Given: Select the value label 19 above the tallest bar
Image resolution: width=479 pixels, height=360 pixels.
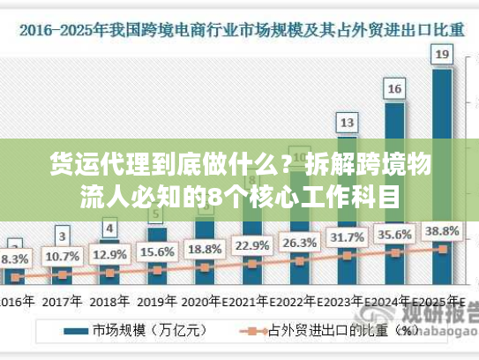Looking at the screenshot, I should pyautogui.click(x=442, y=55).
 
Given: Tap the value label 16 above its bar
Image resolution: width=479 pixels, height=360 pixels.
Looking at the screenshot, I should pyautogui.click(x=394, y=88).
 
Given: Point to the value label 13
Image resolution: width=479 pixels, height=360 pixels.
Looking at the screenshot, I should pyautogui.click(x=348, y=122).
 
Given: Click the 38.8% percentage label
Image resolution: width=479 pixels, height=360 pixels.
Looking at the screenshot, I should pyautogui.click(x=442, y=231).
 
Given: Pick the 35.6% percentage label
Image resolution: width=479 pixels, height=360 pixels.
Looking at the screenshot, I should pyautogui.click(x=394, y=235).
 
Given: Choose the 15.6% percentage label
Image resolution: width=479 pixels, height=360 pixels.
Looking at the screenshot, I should pyautogui.click(x=157, y=252).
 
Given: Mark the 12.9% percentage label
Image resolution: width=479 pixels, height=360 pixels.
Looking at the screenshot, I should pyautogui.click(x=109, y=255).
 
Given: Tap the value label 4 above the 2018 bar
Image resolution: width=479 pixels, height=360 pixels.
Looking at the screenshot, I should pyautogui.click(x=109, y=229).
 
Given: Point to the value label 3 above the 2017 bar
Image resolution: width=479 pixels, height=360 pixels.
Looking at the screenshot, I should pyautogui.click(x=62, y=236).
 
